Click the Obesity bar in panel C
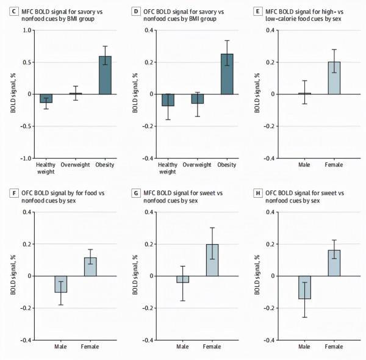coord(105,75)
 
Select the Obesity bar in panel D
coord(227,74)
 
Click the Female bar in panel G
coord(212,260)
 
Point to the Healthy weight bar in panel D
coord(168,100)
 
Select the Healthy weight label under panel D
coord(168,168)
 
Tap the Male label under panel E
coord(304,165)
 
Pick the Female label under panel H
coord(334,347)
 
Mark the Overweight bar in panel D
coord(198,99)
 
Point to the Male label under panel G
coord(182,347)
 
